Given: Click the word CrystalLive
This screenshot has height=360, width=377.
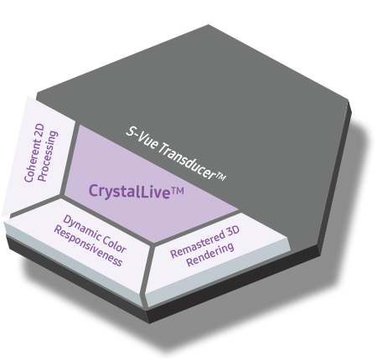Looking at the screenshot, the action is pos(129,192).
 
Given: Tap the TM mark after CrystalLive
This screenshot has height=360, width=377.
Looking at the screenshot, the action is pos(178,192).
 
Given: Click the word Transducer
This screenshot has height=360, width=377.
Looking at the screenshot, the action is pos(187,160).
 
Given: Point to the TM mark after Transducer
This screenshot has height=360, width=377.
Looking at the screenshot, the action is pos(221,177).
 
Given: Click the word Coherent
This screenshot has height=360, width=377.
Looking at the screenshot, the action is pos(32,162).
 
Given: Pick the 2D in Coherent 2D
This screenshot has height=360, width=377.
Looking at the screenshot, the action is pos(39,131).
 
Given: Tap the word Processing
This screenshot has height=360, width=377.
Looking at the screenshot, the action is pos(48,156).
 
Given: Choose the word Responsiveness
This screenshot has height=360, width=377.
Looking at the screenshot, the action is pos(88,246).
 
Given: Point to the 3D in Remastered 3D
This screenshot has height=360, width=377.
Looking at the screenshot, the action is pos(233,232).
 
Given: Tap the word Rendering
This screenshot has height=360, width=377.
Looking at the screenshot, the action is pos(210,255).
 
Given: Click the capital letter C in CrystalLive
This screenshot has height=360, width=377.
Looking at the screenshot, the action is pos(93,191).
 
